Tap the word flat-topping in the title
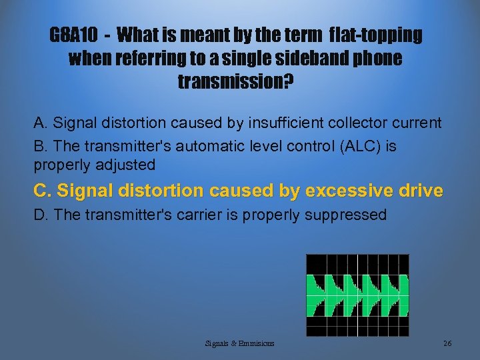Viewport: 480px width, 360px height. pos(376,35)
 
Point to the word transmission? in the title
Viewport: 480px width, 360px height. pos(236,82)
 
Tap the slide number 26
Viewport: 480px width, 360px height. pos(447,343)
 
